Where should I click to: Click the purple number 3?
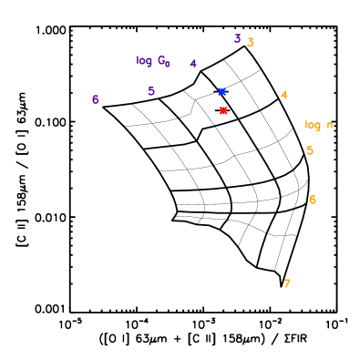(237, 39)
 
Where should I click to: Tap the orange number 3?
(251, 43)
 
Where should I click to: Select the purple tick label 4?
(193, 64)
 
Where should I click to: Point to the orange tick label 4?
(284, 96)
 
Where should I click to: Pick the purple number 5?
(151, 91)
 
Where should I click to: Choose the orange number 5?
(310, 151)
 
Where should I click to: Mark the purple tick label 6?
(95, 99)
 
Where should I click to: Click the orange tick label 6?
(312, 201)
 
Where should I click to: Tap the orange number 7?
(287, 284)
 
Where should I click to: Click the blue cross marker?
(221, 92)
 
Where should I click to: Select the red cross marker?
(223, 111)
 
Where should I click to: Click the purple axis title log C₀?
(153, 61)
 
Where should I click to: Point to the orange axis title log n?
(318, 125)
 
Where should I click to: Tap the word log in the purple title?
(144, 61)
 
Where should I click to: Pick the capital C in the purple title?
(161, 61)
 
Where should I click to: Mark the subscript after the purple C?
(168, 65)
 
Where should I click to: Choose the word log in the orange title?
(313, 125)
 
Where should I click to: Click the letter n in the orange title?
(329, 126)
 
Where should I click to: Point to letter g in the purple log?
(149, 62)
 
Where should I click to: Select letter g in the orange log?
(318, 127)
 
